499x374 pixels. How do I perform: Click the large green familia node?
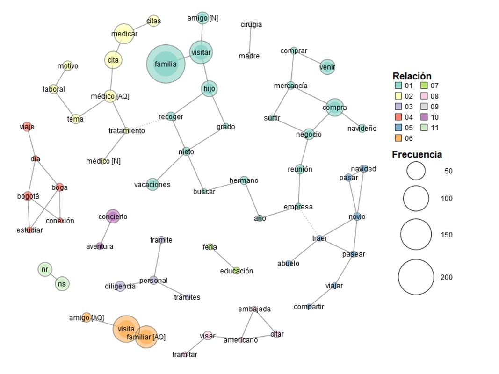pos(166,64)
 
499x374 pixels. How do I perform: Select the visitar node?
pos(201,52)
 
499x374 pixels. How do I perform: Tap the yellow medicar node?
pos(124,34)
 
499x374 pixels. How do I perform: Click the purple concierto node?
pos(113,216)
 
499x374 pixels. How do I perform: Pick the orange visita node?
pos(126,329)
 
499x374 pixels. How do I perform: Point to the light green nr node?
pos(44,269)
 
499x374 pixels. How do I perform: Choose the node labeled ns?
pos(62,283)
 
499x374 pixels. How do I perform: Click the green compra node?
pos(334,108)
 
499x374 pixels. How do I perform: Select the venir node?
pos(327,67)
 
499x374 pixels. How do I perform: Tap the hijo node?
pos(210,88)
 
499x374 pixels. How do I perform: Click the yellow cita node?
pos(113,60)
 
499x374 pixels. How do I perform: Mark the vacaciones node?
pos(152,184)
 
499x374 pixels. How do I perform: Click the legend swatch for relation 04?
pos(398,117)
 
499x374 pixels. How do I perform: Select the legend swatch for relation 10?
pos(424,117)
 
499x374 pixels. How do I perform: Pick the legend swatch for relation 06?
pos(398,138)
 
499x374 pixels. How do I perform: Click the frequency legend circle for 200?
pos(416,277)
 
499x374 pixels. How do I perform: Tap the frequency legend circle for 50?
pos(416,171)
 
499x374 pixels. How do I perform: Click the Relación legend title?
pos(412,76)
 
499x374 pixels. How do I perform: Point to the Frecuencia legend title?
pos(417,154)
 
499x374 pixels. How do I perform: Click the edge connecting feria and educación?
pos(224,259)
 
